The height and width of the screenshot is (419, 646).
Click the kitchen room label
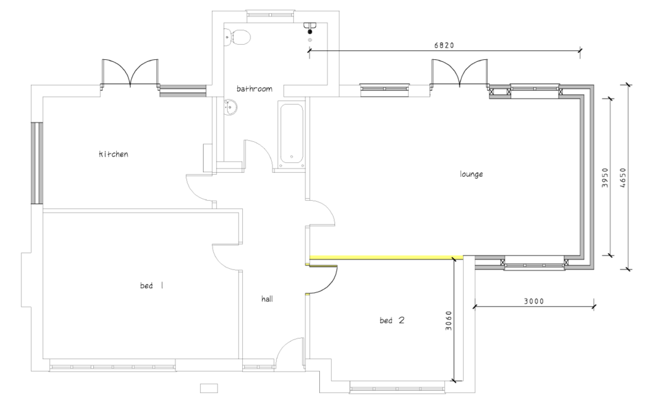pyautogui.click(x=114, y=154)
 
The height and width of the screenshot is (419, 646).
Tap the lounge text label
pyautogui.click(x=471, y=174)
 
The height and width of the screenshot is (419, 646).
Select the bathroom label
pyautogui.click(x=254, y=88)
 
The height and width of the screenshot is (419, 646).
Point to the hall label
pyautogui.click(x=267, y=298)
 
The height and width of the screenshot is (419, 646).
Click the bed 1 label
pyautogui.click(x=151, y=285)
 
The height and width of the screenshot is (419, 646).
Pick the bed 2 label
pyautogui.click(x=392, y=320)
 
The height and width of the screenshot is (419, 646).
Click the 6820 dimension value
pyautogui.click(x=444, y=45)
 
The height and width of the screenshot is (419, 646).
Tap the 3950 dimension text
pyautogui.click(x=605, y=177)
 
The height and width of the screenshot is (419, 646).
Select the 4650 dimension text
pyautogui.click(x=623, y=177)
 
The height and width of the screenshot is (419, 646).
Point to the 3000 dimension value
pyautogui.click(x=534, y=301)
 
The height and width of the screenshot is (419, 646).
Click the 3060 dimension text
pyautogui.click(x=449, y=321)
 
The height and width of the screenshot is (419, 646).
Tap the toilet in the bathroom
pyautogui.click(x=237, y=37)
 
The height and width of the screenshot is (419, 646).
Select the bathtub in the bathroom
pyautogui.click(x=291, y=134)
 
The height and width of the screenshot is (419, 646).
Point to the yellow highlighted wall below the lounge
pyautogui.click(x=387, y=257)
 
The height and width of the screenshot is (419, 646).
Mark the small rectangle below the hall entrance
pyautogui.click(x=209, y=388)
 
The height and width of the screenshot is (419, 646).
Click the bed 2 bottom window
pyautogui.click(x=397, y=387)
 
